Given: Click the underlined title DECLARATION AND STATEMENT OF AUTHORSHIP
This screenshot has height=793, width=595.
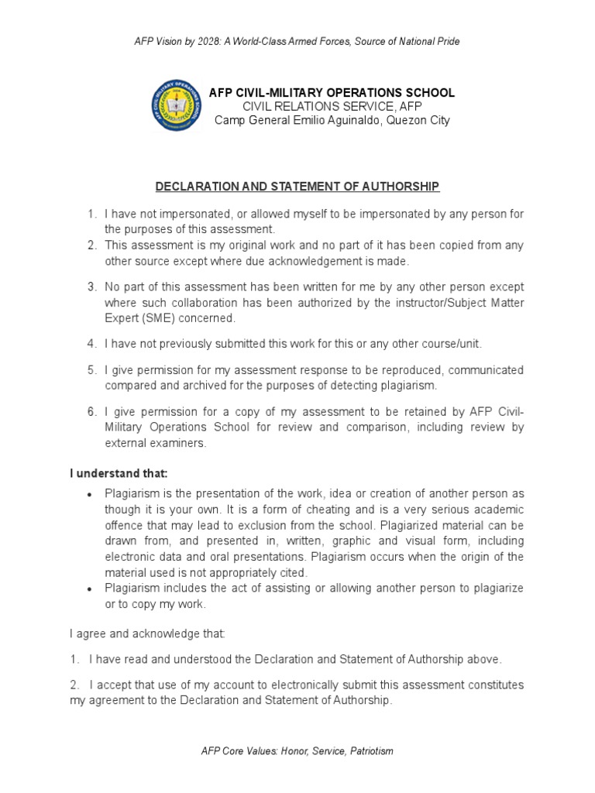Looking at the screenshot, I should tap(297, 187).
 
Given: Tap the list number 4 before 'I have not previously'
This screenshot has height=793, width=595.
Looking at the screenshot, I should tap(91, 343).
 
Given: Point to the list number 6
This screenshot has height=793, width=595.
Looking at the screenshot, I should tap(91, 410).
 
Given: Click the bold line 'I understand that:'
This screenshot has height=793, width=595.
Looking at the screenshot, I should tap(119, 473).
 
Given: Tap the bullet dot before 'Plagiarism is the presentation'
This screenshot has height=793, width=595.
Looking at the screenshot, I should tap(91, 495).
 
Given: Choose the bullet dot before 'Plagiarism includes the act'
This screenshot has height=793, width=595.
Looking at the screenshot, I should tap(91, 589).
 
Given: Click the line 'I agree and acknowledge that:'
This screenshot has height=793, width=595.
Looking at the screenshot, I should tap(147, 633).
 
